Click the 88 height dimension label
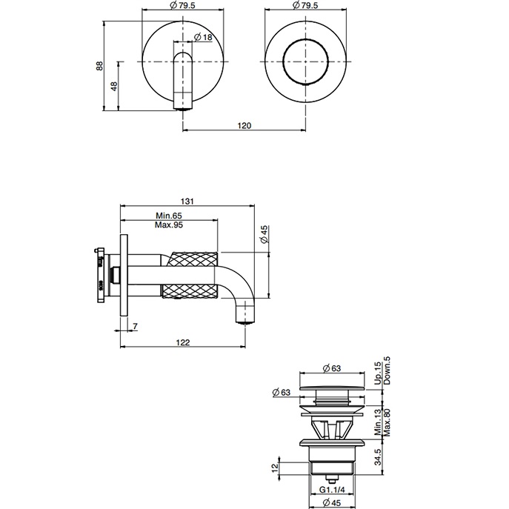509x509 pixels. pos(99,65)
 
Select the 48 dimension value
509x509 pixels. pos(113,87)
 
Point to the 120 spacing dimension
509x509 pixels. pos(244,126)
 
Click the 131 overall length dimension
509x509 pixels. pos(187,201)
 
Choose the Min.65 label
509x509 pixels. pos(169,215)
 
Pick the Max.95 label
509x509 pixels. pos(169,224)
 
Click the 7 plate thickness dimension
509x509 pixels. pos(136,327)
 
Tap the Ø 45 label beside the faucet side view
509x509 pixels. pos(265,236)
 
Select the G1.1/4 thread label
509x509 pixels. pos(335,489)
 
